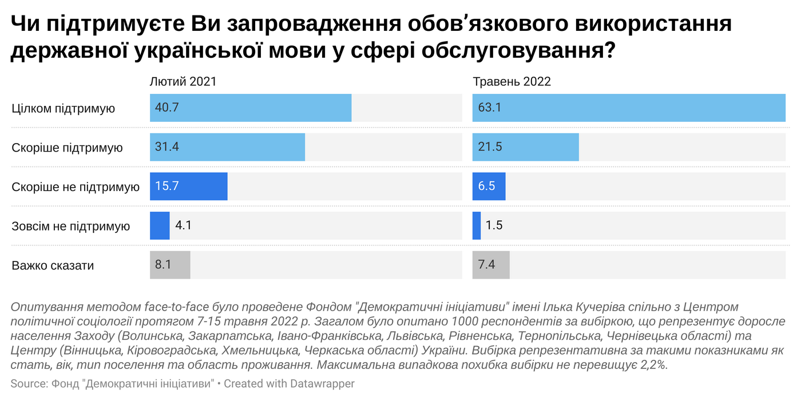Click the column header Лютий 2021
click(x=183, y=82)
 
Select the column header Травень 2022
click(x=511, y=82)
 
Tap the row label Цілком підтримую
click(x=64, y=108)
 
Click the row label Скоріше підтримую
click(x=68, y=148)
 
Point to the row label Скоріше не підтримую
click(x=76, y=187)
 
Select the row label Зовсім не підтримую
click(x=71, y=226)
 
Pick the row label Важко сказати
click(x=53, y=265)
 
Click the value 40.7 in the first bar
click(x=167, y=108)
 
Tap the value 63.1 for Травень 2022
click(x=490, y=108)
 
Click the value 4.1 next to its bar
click(x=183, y=226)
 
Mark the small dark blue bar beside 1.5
click(x=477, y=226)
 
